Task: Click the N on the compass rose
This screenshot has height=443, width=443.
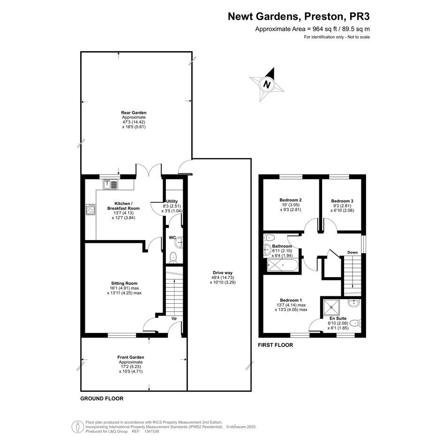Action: click(267, 84)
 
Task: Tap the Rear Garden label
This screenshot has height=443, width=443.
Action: click(134, 113)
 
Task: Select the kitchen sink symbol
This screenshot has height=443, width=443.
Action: click(111, 185)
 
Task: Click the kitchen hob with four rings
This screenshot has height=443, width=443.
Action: click(90, 210)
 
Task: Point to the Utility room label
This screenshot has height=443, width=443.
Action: click(172, 202)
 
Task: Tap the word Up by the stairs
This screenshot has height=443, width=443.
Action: click(174, 318)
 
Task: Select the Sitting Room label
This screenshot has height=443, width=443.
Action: click(124, 283)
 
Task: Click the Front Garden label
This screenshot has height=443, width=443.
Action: click(131, 357)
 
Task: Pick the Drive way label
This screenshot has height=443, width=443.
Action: click(223, 273)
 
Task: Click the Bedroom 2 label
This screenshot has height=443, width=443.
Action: click(291, 200)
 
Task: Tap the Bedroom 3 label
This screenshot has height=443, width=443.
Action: click(342, 201)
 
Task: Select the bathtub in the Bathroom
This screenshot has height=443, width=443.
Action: click(282, 266)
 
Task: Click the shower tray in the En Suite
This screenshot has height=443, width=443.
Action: click(331, 307)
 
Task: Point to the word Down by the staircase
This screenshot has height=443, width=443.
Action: click(353, 252)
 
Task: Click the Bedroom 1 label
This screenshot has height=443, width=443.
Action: click(291, 300)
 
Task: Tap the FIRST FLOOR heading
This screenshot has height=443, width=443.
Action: click(276, 345)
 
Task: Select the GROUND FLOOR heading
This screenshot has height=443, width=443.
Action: click(102, 398)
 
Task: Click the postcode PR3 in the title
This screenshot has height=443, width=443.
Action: click(360, 16)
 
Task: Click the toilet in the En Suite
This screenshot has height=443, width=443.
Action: click(355, 323)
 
